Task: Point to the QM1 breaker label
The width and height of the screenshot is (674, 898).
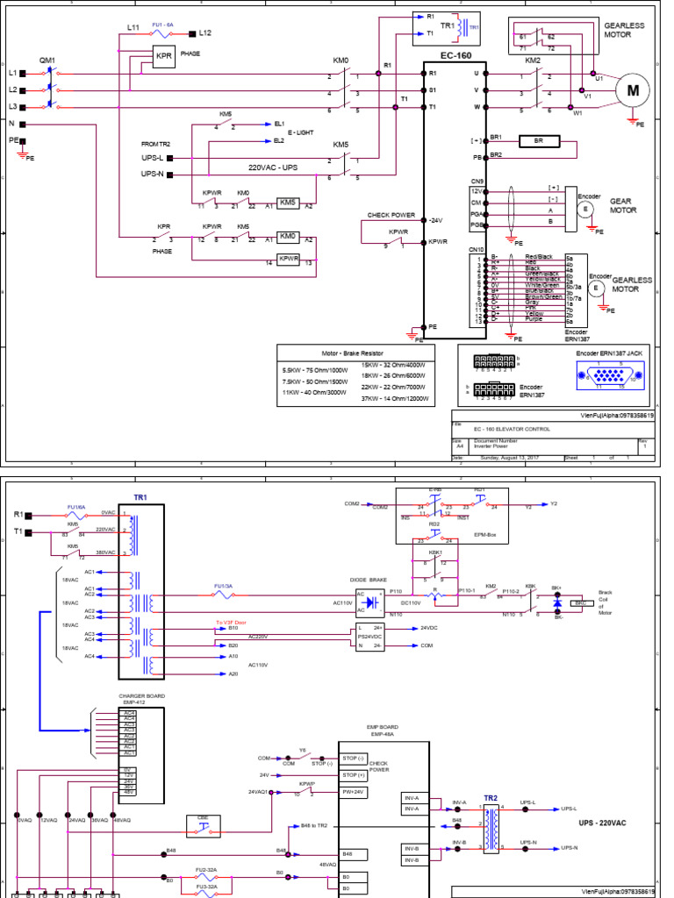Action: coord(47,61)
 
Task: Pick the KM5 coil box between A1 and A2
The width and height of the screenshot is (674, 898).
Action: coord(287,203)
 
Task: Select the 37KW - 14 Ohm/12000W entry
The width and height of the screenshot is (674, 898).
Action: coord(395,398)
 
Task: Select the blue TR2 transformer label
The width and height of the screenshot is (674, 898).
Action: coord(490,798)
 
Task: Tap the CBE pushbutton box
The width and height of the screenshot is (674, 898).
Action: coord(203,824)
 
